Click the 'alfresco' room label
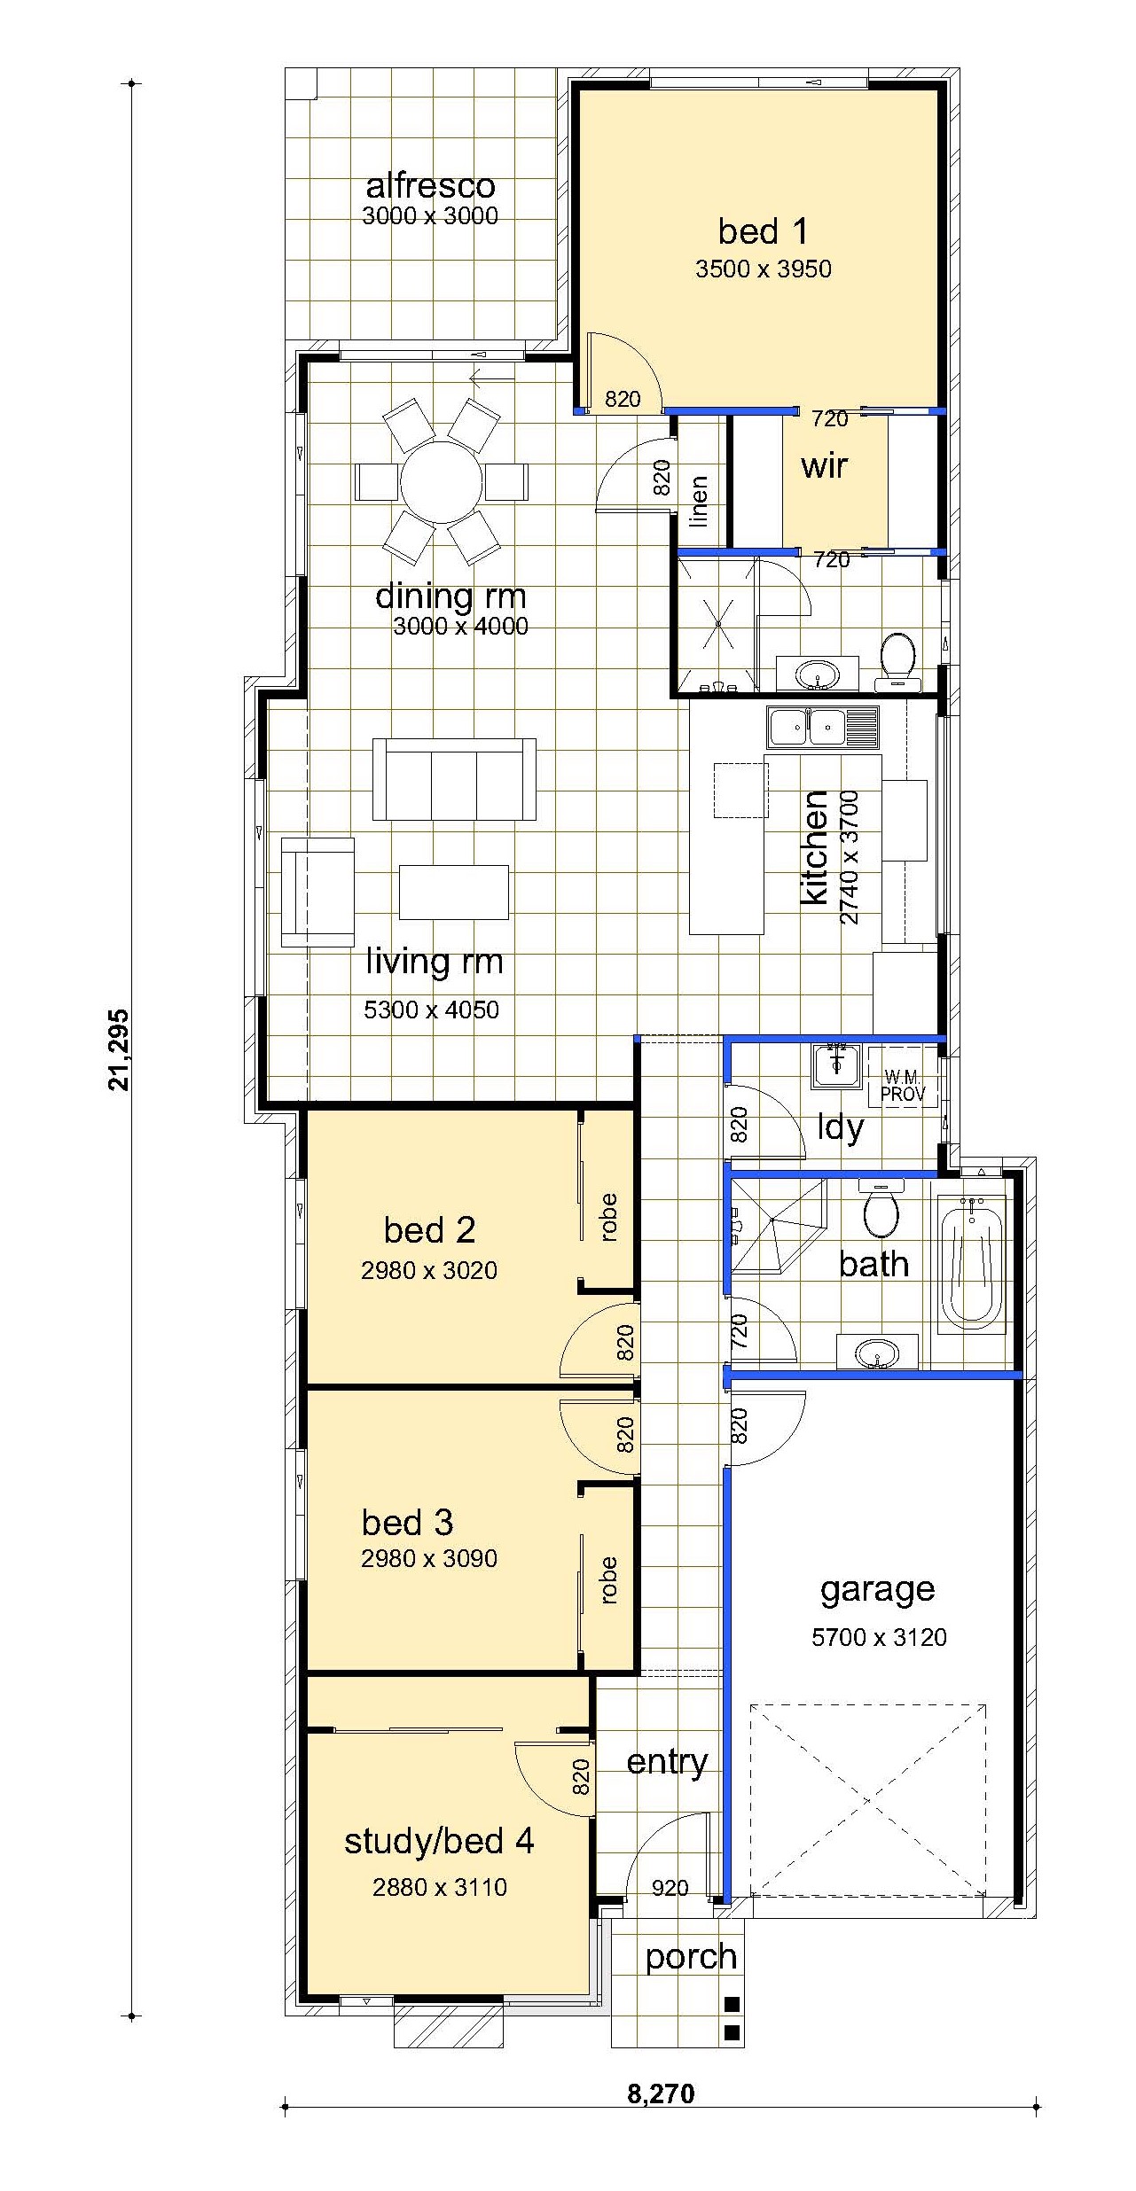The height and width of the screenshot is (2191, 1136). click(430, 186)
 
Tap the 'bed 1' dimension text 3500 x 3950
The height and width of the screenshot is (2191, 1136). click(764, 269)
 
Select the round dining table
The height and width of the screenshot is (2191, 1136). click(441, 483)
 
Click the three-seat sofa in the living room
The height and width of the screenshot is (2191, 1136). click(454, 780)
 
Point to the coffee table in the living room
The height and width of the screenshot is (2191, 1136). click(454, 892)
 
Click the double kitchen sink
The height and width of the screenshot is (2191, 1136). click(823, 727)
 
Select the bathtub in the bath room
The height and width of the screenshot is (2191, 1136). click(973, 1264)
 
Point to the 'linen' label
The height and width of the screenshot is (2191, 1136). click(699, 502)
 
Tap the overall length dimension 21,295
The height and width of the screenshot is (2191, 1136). click(118, 1050)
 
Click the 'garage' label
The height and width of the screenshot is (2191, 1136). click(877, 1589)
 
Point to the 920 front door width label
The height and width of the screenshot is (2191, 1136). click(670, 1888)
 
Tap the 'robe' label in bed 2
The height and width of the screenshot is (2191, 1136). click(608, 1217)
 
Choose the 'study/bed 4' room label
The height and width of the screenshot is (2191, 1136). click(439, 1841)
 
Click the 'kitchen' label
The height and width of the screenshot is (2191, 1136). click(814, 848)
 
